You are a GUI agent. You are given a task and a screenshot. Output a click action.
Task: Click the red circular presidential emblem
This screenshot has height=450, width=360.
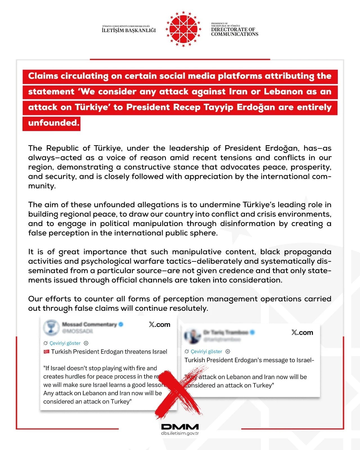[x=183, y=29]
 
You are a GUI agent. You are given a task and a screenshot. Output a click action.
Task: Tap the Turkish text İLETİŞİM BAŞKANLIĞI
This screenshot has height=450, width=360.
[x=129, y=30]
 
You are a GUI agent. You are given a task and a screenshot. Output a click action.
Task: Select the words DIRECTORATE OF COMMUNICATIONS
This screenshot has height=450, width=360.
[x=235, y=32]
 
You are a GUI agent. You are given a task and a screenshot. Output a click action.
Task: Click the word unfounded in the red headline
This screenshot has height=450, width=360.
[x=53, y=123]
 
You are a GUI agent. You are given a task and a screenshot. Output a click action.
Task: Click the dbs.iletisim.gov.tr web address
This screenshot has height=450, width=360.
[x=180, y=433]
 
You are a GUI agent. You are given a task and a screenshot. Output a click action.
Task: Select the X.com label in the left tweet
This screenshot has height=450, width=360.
[x=160, y=325]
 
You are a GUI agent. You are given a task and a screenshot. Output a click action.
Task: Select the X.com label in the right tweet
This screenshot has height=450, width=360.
[x=302, y=333]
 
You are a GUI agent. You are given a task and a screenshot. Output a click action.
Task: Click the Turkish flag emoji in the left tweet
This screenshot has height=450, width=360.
[x=46, y=352]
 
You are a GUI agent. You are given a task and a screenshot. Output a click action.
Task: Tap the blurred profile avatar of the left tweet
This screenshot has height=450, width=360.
[x=51, y=327]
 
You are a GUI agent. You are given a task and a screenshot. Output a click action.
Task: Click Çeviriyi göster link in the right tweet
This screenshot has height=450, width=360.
[x=206, y=352]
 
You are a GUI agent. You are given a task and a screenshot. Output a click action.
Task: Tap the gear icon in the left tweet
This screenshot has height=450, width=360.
[x=86, y=343]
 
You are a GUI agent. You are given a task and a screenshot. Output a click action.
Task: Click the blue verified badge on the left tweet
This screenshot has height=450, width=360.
[x=121, y=324]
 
